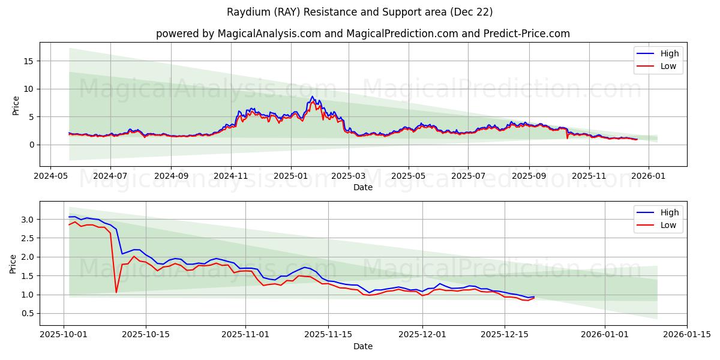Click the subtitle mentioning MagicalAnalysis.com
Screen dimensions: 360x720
point(363,34)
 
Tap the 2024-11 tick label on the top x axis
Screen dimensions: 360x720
point(231,177)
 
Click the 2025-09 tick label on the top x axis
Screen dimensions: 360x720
point(529,177)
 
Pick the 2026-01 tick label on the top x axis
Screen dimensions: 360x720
point(649,177)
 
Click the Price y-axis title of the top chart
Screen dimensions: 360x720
point(16,105)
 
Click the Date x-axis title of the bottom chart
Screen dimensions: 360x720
point(363,346)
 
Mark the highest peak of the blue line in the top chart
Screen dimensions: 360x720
point(312,97)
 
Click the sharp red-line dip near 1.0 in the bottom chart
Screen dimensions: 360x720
point(116,292)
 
